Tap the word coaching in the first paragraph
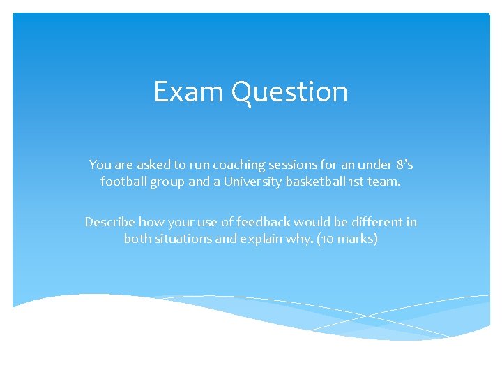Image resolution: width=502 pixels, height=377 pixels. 239,165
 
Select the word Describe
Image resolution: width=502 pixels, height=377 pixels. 109,222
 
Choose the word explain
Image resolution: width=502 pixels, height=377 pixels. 262,239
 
